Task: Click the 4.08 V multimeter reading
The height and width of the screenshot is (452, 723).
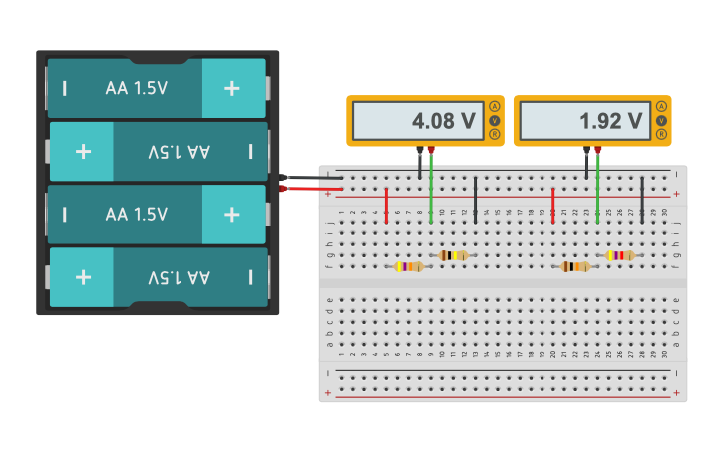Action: point(443,121)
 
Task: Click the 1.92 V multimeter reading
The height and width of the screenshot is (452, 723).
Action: point(610,121)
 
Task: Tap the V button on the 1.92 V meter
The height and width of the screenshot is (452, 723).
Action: point(661,120)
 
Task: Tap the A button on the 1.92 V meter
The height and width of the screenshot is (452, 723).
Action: point(661,107)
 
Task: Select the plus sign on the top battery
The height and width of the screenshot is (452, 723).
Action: point(232,88)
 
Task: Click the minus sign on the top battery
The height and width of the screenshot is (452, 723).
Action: point(65,88)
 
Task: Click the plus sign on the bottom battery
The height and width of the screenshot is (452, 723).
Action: point(83,277)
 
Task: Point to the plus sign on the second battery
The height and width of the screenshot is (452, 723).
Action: point(83,151)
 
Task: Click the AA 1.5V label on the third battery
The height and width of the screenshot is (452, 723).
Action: point(137,215)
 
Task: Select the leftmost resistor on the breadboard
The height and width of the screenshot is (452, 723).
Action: point(409,266)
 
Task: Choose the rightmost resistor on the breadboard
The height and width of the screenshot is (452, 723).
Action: point(619,255)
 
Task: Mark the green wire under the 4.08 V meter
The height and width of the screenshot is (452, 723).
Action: point(431,190)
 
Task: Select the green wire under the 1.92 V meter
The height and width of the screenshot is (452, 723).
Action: point(597,190)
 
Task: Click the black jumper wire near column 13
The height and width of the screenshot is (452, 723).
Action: point(476,199)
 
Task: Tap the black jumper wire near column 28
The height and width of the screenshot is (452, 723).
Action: point(642,199)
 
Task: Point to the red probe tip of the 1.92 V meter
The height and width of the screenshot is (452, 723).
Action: point(597,150)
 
